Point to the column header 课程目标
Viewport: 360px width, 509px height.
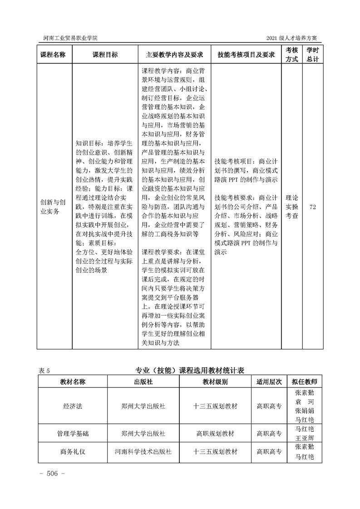(105, 54)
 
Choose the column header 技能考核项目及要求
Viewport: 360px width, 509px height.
(247, 54)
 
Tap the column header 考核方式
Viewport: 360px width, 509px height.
(291, 54)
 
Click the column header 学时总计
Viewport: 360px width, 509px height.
(312, 54)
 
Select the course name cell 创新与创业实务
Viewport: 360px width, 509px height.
(53, 206)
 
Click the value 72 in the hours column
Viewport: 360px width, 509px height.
(312, 207)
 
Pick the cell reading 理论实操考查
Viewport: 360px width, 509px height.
(291, 207)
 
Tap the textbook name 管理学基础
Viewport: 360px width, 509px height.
(73, 433)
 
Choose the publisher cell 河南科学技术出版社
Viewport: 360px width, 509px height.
(143, 452)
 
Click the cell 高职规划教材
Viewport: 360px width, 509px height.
(215, 433)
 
